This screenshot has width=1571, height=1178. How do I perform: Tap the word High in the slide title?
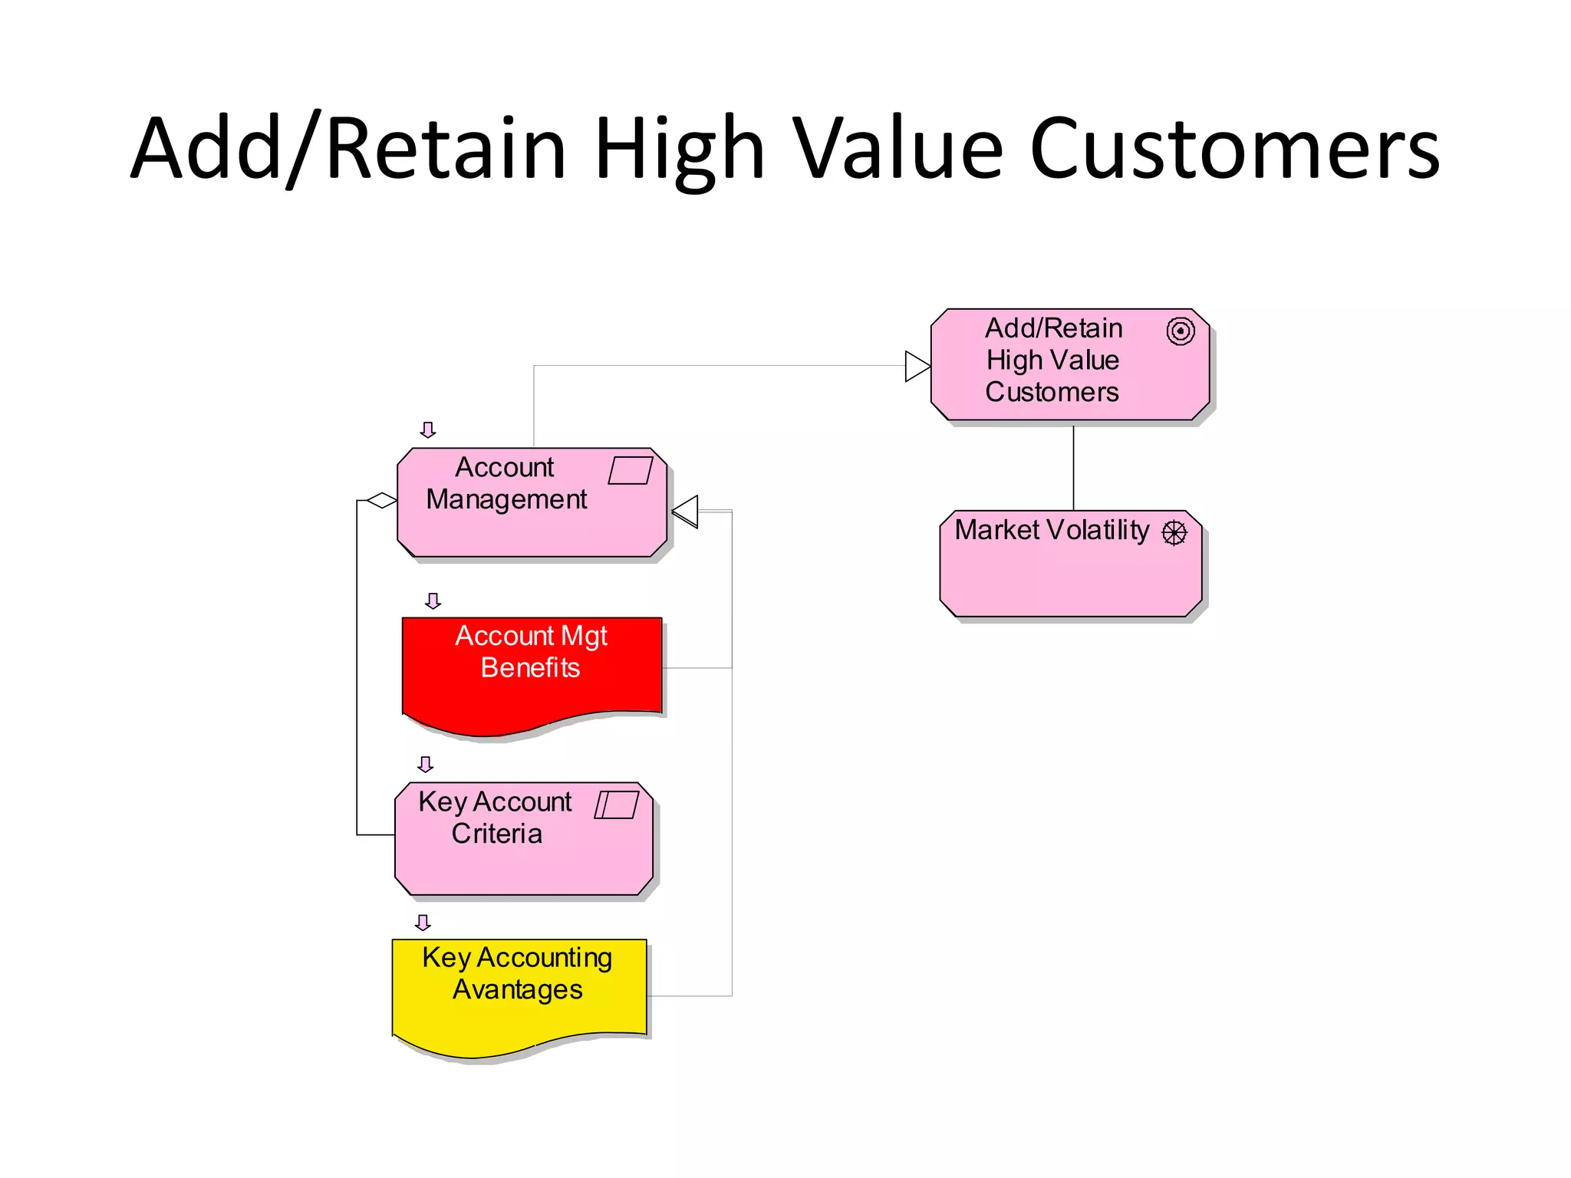[x=679, y=150]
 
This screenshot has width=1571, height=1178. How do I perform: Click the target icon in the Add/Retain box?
[x=1180, y=331]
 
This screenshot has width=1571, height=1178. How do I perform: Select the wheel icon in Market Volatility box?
[x=1174, y=532]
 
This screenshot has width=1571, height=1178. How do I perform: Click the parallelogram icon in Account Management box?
[x=630, y=470]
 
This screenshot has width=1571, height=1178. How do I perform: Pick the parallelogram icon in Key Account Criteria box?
[x=616, y=805]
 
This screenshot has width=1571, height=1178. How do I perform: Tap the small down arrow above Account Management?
[x=428, y=429]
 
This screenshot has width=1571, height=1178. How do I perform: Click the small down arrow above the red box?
[x=433, y=601]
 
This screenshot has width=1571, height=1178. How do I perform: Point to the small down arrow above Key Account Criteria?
[x=426, y=764]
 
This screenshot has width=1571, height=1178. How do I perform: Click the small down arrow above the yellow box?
[x=423, y=922]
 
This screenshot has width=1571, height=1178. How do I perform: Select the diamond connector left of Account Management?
[x=381, y=501]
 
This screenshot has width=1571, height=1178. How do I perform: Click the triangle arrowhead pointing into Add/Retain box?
[x=917, y=366]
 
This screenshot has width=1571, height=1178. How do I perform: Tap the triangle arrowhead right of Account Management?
[x=686, y=512]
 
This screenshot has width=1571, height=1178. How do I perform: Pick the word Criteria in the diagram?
[x=496, y=834]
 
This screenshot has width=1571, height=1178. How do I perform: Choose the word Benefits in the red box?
[x=530, y=667]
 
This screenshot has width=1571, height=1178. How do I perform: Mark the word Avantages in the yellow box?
[x=518, y=989]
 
